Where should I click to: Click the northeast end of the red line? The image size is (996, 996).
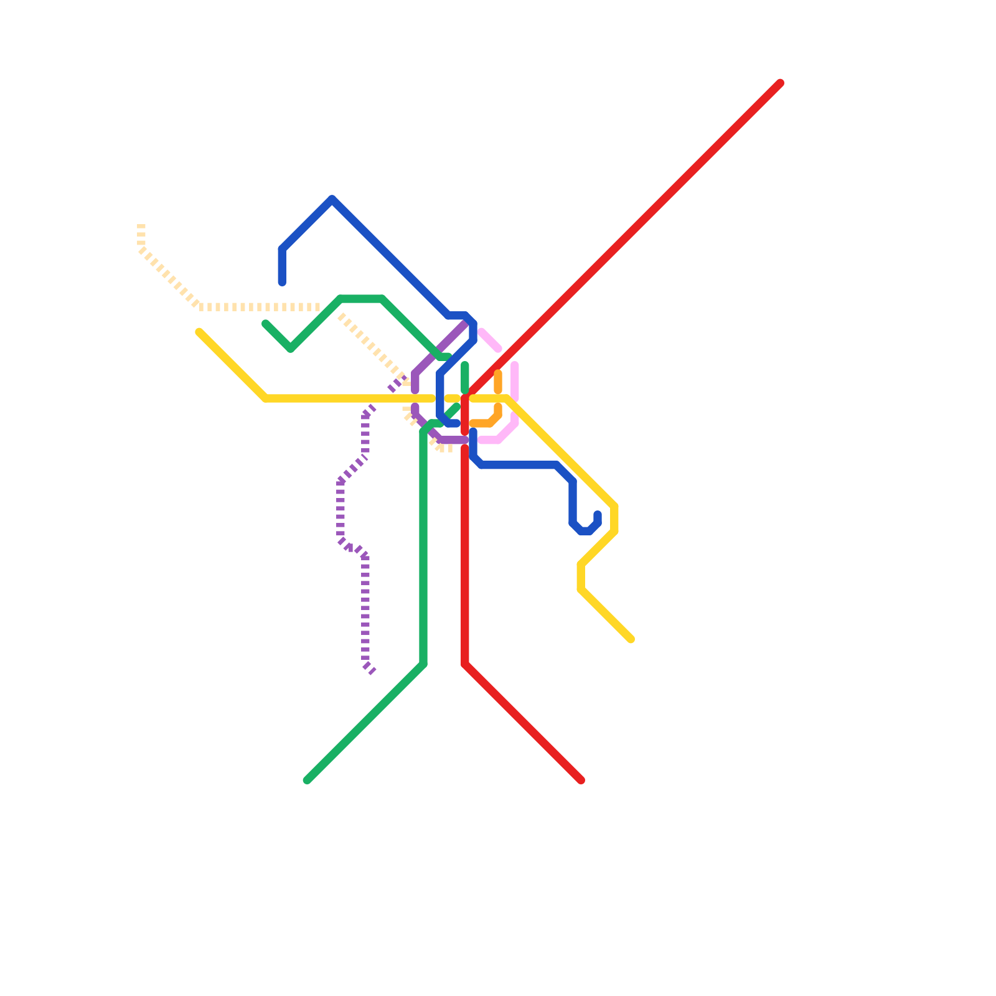pyautogui.click(x=780, y=83)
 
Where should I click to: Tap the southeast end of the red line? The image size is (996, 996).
pyautogui.click(x=581, y=781)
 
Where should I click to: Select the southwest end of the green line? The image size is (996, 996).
pyautogui.click(x=307, y=781)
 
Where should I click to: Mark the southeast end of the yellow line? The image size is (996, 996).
pyautogui.click(x=631, y=640)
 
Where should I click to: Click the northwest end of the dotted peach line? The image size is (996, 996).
pyautogui.click(x=141, y=226)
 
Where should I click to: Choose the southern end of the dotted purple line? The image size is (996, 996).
pyautogui.click(x=373, y=673)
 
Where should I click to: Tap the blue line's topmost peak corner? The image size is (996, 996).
pyautogui.click(x=332, y=199)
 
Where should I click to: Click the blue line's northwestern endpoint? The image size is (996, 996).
pyautogui.click(x=282, y=283)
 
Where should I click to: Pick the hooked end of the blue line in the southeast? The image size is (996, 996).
pyautogui.click(x=598, y=514)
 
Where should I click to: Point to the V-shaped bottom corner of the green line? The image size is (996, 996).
pyautogui.click(x=291, y=349)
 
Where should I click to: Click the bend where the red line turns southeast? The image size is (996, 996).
pyautogui.click(x=465, y=665)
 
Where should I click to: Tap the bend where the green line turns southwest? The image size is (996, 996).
pyautogui.click(x=423, y=665)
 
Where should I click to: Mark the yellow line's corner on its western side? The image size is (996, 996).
pyautogui.click(x=266, y=398)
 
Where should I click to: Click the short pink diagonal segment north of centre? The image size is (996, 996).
pyautogui.click(x=490, y=340)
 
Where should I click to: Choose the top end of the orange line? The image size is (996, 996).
pyautogui.click(x=498, y=373)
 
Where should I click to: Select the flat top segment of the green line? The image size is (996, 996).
pyautogui.click(x=361, y=299)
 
